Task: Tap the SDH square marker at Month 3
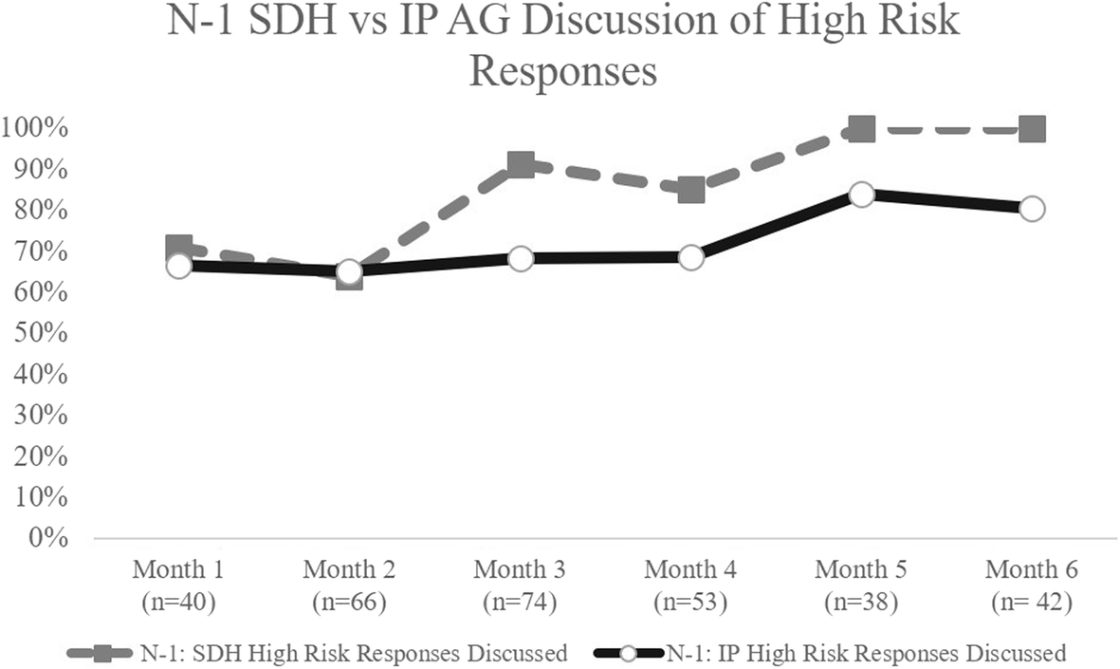click(x=520, y=166)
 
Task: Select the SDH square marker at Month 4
click(x=690, y=190)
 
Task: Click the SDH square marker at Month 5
click(x=861, y=129)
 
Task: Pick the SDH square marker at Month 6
click(x=1032, y=129)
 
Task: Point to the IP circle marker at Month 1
click(x=178, y=267)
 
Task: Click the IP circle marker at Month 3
click(x=520, y=258)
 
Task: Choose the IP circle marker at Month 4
click(x=690, y=257)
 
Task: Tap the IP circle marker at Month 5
click(x=861, y=195)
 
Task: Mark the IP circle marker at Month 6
click(x=1032, y=209)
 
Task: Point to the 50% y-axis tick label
click(x=39, y=334)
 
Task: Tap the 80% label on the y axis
click(x=39, y=211)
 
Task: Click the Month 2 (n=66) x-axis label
click(x=349, y=585)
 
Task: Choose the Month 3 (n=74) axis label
click(x=520, y=585)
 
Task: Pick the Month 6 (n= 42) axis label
click(x=1032, y=585)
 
